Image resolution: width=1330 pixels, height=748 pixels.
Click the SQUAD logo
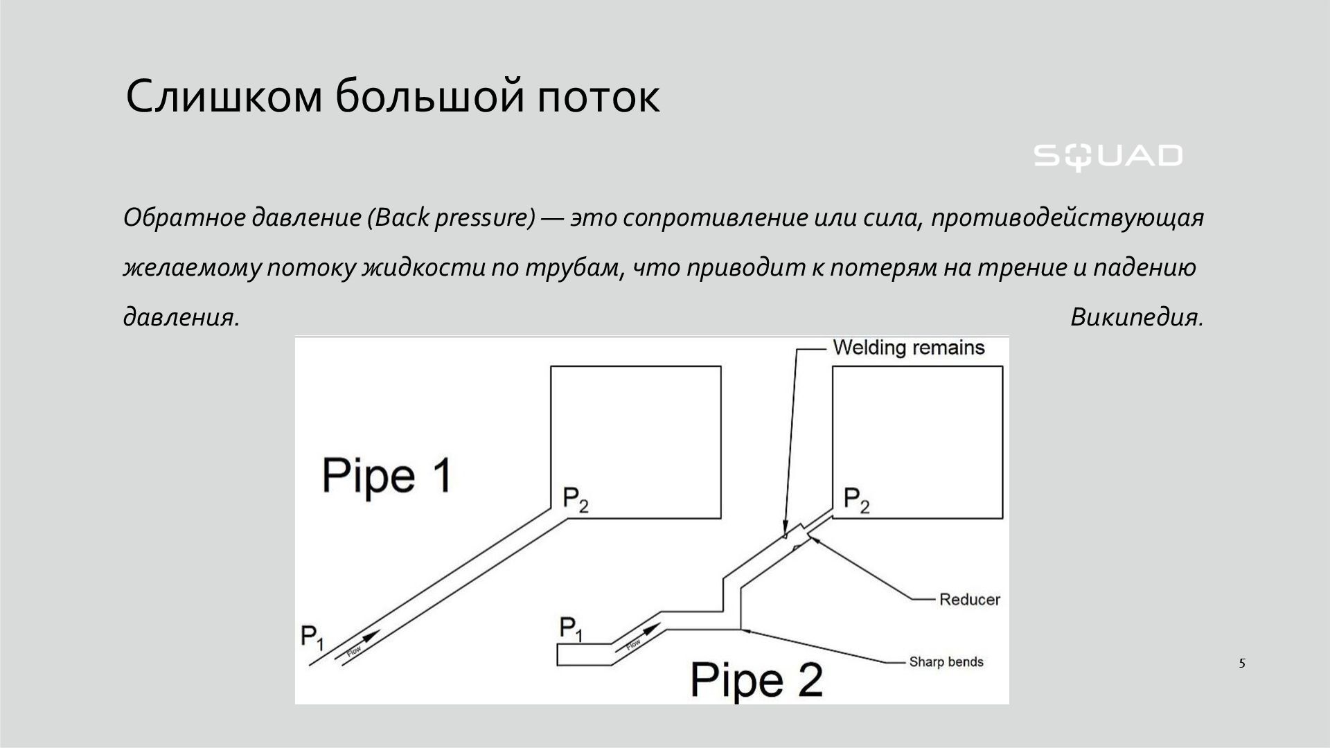pyautogui.click(x=1108, y=157)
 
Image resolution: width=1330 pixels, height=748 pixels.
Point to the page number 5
pyautogui.click(x=1242, y=663)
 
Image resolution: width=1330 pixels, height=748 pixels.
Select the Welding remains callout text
pyautogui.click(x=908, y=347)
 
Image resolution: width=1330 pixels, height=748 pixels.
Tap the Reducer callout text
pyautogui.click(x=969, y=599)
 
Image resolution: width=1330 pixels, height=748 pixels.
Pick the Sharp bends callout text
pyautogui.click(x=946, y=661)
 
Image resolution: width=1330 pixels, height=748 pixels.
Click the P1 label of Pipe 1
pyautogui.click(x=312, y=636)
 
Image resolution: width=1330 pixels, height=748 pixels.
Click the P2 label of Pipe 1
pyautogui.click(x=575, y=499)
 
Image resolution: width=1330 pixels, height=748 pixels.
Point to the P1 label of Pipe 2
pyautogui.click(x=571, y=628)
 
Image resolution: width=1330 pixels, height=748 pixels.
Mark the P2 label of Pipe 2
pyautogui.click(x=856, y=499)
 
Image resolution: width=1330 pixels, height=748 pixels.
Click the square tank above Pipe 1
pyautogui.click(x=635, y=442)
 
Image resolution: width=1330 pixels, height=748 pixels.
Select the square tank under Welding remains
pyautogui.click(x=917, y=442)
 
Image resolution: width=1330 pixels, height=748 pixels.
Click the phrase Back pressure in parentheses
pyautogui.click(x=452, y=218)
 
